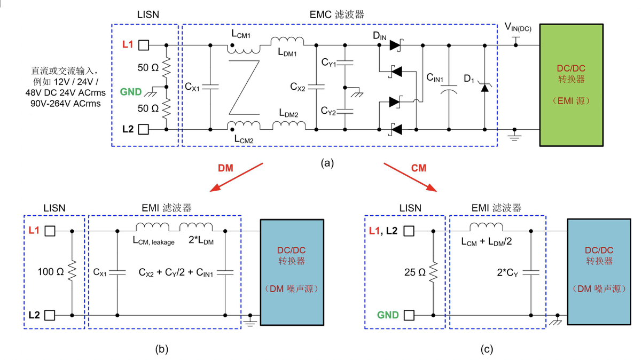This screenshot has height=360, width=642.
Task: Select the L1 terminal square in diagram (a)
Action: [144, 45]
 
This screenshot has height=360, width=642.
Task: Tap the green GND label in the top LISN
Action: [131, 91]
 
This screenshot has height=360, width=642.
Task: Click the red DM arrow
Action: [238, 177]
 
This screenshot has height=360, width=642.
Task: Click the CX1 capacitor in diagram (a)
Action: [210, 87]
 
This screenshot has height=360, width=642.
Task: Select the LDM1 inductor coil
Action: [287, 41]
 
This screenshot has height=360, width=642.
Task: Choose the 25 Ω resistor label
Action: [414, 272]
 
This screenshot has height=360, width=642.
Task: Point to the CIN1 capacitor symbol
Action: [449, 88]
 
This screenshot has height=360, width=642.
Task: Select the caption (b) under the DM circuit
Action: [161, 349]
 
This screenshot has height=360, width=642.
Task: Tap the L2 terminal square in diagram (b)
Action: [50, 315]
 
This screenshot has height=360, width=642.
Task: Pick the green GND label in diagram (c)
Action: [388, 315]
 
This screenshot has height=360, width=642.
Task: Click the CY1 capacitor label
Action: [329, 64]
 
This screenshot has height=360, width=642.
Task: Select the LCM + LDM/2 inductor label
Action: [487, 241]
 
